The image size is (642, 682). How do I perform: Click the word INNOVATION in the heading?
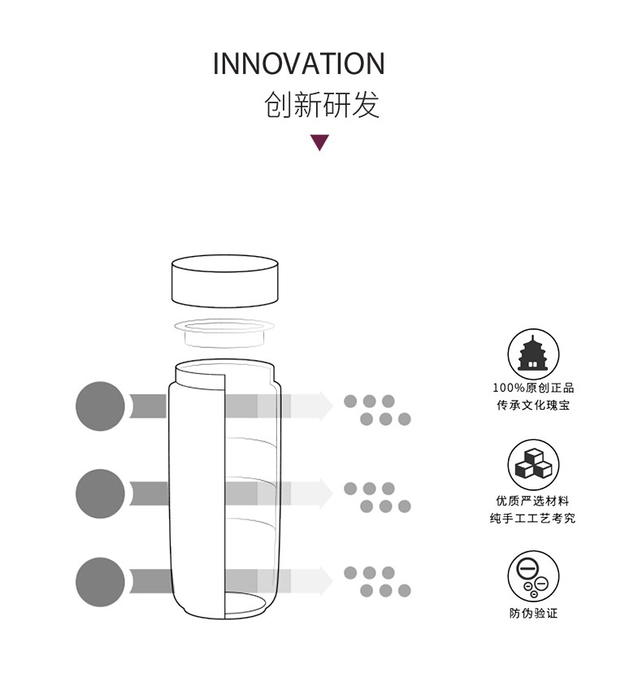tap(299, 63)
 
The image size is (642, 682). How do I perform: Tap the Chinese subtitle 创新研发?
tap(322, 104)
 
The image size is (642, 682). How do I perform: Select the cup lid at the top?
tap(224, 281)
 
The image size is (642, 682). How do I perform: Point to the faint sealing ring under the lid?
tap(224, 332)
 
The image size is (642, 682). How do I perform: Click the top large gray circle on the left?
tap(100, 406)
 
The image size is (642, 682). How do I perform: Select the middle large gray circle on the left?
tap(100, 493)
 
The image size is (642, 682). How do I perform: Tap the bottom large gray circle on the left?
tap(100, 582)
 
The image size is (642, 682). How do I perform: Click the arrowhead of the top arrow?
tap(327, 406)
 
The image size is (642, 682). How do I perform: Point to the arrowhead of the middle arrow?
tap(327, 493)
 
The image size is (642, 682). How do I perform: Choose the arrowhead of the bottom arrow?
tap(327, 581)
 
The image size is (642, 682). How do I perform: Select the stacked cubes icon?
tap(533, 464)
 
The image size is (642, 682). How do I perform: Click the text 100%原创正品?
tap(533, 388)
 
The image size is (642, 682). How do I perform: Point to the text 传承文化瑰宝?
tap(533, 405)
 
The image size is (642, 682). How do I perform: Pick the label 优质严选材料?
tap(533, 501)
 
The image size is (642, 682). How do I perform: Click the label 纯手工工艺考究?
tap(533, 518)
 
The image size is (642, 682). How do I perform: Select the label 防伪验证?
tap(533, 613)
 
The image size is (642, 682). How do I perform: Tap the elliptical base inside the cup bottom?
tap(245, 604)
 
